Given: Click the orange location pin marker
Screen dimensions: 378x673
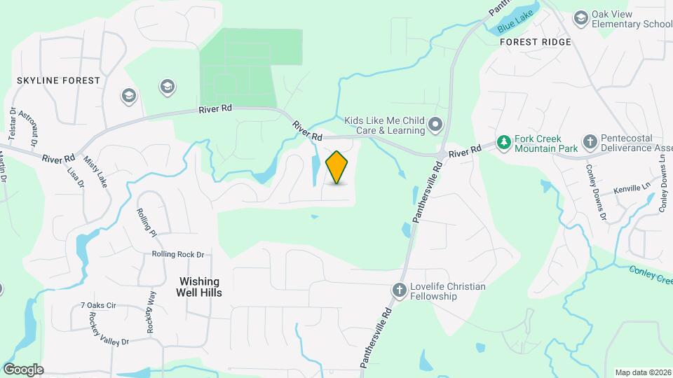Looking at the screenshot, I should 337,167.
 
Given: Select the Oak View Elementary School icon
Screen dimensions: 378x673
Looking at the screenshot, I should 580,17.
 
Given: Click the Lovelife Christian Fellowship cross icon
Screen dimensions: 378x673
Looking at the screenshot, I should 400,290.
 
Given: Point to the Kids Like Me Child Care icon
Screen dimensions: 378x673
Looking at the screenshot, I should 435,125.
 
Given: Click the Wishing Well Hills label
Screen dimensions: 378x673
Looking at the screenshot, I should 196,286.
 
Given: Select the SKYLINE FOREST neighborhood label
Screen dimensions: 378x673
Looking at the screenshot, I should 59,80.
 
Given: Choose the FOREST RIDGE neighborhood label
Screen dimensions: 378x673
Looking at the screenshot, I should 536,42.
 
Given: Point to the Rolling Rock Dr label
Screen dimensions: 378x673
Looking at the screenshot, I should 178,255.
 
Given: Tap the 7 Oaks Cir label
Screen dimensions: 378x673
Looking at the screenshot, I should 97,305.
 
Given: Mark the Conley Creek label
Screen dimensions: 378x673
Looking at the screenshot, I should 650,274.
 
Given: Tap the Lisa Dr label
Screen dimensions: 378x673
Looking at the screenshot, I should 75,176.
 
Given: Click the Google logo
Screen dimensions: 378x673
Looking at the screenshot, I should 23,370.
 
